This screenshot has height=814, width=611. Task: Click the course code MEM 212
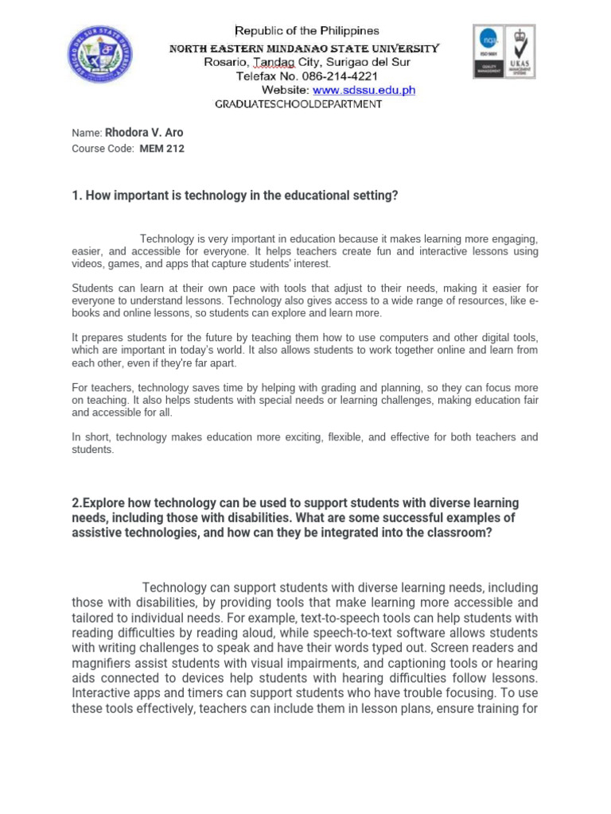pos(162,149)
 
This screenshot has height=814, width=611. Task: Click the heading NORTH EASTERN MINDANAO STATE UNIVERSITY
pos(305,48)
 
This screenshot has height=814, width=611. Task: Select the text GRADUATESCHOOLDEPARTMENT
pos(299,104)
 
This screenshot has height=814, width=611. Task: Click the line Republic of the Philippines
pos(306,31)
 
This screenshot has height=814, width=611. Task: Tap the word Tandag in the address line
pos(273,62)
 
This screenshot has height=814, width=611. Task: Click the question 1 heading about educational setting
pos(235,196)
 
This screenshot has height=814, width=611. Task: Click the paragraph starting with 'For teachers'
pos(305,400)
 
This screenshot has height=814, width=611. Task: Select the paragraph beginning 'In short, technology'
pos(305,443)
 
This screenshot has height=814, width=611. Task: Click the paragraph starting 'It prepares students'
pos(305,351)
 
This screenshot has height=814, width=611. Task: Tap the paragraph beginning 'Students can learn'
pos(305,300)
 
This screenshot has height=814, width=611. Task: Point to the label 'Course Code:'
pos(103,149)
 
